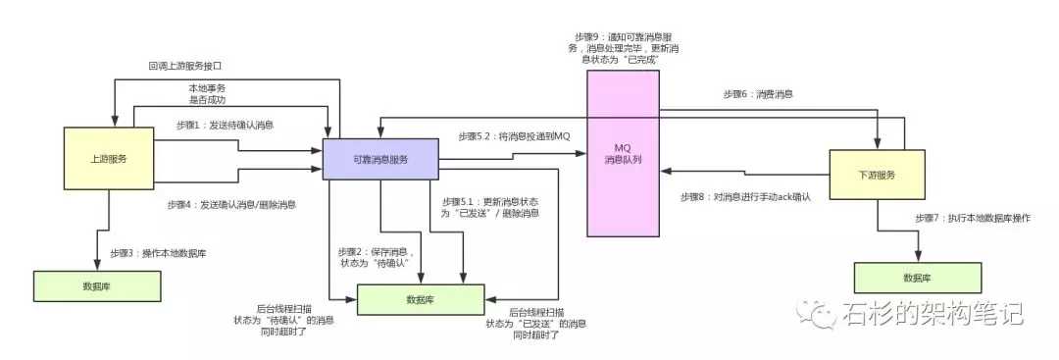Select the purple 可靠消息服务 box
pyautogui.click(x=380, y=160)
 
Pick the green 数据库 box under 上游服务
pyautogui.click(x=96, y=284)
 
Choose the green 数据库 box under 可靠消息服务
pyautogui.click(x=420, y=299)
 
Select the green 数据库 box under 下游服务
pyautogui.click(x=918, y=278)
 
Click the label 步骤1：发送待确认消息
pyautogui.click(x=225, y=125)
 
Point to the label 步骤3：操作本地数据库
pyautogui.click(x=158, y=252)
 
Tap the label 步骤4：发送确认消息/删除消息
pyautogui.click(x=234, y=205)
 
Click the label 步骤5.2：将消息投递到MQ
pyautogui.click(x=513, y=135)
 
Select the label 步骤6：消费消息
pyautogui.click(x=758, y=94)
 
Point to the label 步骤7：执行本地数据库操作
pyautogui.click(x=972, y=218)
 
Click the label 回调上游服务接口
pyautogui.click(x=187, y=66)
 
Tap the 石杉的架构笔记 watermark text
pyautogui.click(x=932, y=314)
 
